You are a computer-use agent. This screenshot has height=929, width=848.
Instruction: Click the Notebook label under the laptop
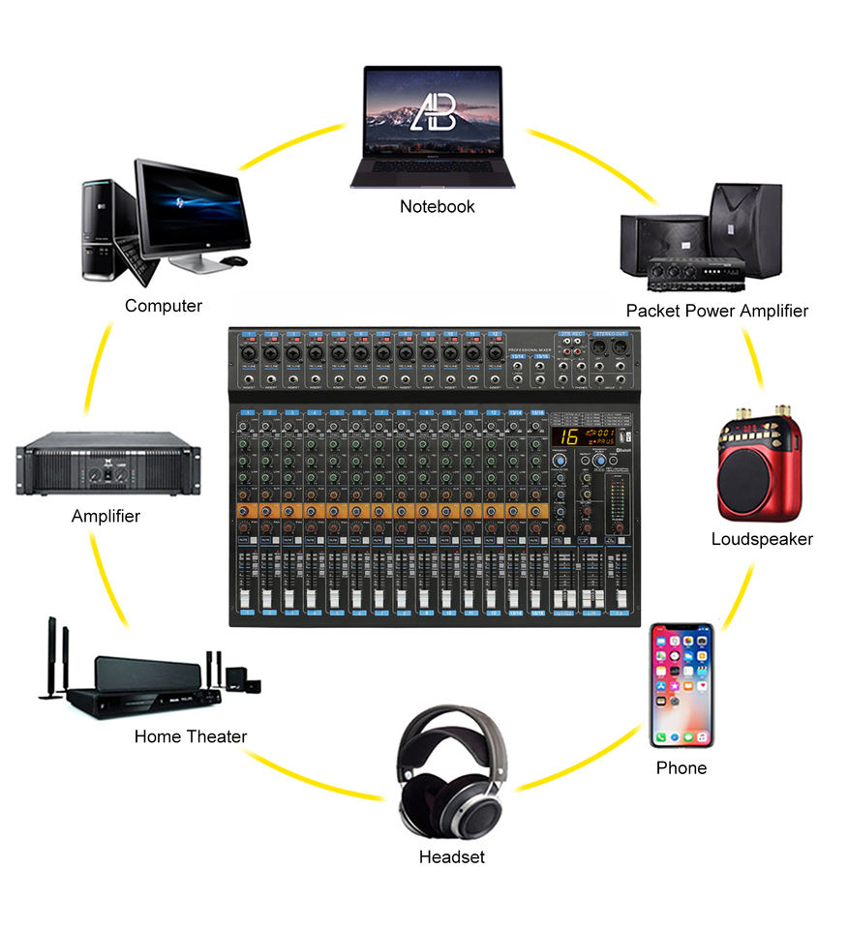(438, 206)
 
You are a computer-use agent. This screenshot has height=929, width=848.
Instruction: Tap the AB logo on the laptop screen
(433, 112)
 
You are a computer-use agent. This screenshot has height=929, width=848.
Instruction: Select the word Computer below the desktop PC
(164, 306)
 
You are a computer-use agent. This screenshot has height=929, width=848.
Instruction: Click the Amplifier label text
(106, 516)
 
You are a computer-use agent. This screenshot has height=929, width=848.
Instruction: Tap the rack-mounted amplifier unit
(108, 464)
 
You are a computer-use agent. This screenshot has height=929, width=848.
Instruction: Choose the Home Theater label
(191, 736)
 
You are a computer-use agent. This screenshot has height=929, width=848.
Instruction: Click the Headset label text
(452, 856)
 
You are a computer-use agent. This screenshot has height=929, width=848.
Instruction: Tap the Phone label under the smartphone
(681, 767)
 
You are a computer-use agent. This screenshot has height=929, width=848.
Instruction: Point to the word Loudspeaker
(762, 539)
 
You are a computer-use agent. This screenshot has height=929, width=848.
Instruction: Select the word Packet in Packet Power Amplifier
(652, 311)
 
